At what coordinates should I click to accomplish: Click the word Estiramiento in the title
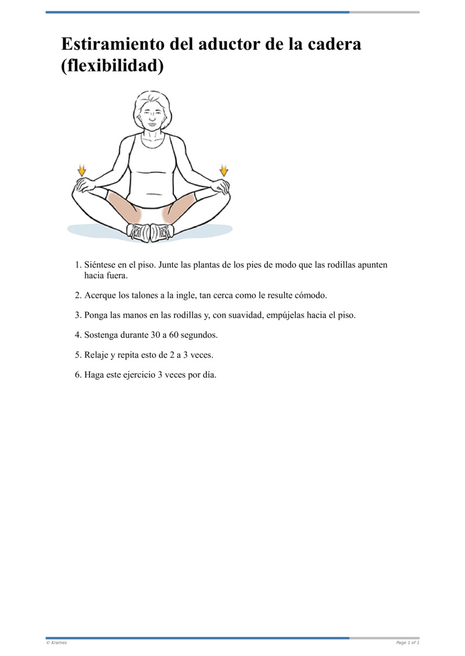[113, 44]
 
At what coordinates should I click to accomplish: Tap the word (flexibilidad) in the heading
[112, 66]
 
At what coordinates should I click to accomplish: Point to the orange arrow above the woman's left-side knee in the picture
[82, 170]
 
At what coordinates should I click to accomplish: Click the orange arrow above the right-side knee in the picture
[224, 170]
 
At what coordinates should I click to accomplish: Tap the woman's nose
[152, 119]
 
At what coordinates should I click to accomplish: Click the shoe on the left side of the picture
[138, 232]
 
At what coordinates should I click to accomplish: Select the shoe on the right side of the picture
[162, 232]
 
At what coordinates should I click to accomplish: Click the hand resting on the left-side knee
[86, 185]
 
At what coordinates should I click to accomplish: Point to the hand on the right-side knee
[219, 186]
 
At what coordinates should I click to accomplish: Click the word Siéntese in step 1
[100, 265]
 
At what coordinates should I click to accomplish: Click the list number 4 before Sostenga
[78, 335]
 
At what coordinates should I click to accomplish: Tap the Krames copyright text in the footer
[56, 643]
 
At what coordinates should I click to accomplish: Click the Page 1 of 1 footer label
[407, 643]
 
